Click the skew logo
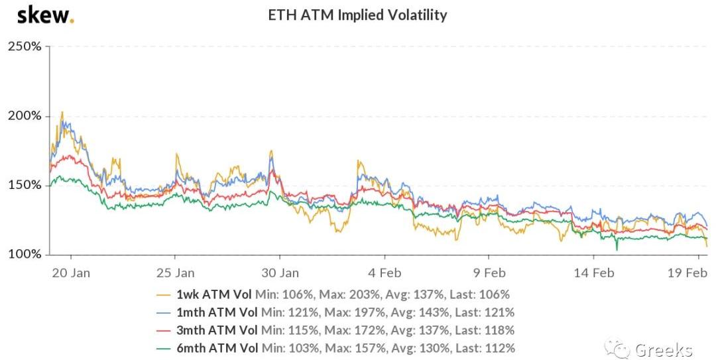(x=45, y=15)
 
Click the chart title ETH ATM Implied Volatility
(x=357, y=15)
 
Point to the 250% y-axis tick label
(x=25, y=46)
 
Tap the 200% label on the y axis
(x=25, y=116)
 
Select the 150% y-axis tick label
(x=25, y=185)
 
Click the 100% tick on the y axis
(x=25, y=255)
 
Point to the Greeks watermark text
(x=663, y=349)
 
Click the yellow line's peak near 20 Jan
(x=62, y=112)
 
